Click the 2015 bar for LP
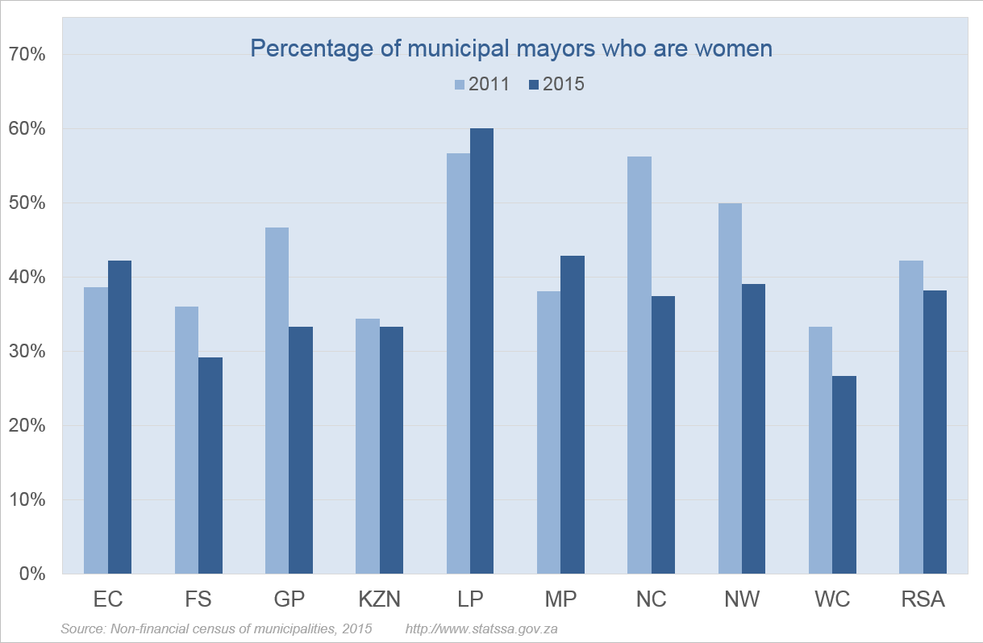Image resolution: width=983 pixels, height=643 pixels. pyautogui.click(x=482, y=351)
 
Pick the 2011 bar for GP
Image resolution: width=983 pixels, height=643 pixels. pyautogui.click(x=277, y=400)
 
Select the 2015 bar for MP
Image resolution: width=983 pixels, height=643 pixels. pyautogui.click(x=573, y=415)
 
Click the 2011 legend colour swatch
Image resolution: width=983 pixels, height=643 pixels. pyautogui.click(x=460, y=85)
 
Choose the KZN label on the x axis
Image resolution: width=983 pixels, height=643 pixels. pyautogui.click(x=379, y=599)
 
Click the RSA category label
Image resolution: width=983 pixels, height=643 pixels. pyautogui.click(x=923, y=599)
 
